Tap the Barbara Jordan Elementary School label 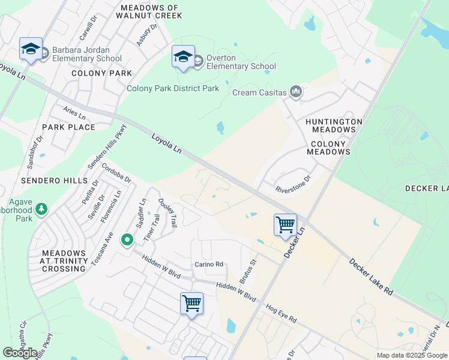[x=86, y=55]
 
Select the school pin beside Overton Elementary [x=183, y=57]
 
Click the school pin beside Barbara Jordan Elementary [x=31, y=50]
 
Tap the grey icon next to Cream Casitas [x=296, y=92]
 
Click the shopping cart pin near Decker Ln [x=286, y=226]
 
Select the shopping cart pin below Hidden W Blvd [x=191, y=304]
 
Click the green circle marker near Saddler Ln [x=127, y=240]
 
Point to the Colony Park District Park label [x=173, y=88]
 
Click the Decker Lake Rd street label [x=372, y=276]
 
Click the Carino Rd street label [x=209, y=264]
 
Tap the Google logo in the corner [x=20, y=353]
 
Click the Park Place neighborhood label [x=68, y=127]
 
